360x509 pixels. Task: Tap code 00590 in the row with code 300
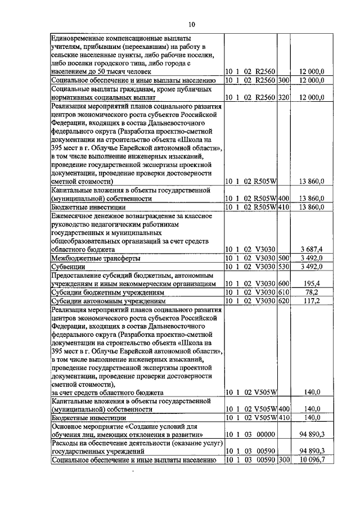[263, 460]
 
